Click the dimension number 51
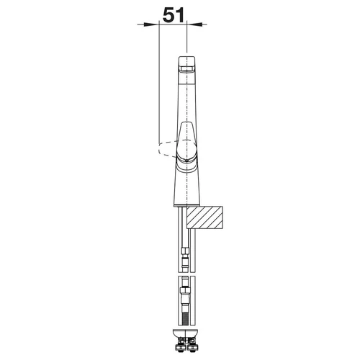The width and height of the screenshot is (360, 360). pyautogui.click(x=174, y=14)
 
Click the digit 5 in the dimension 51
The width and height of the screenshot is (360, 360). pyautogui.click(x=168, y=15)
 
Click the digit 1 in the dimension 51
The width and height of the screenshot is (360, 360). pyautogui.click(x=180, y=14)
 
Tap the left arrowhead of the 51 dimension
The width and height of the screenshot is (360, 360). pyautogui.click(x=151, y=24)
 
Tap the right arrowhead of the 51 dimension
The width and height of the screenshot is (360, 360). pyautogui.click(x=194, y=24)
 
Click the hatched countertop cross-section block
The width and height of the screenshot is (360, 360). pyautogui.click(x=205, y=217)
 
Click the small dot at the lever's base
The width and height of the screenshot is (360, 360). pyautogui.click(x=186, y=160)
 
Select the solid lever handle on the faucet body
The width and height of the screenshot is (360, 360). pyautogui.click(x=186, y=142)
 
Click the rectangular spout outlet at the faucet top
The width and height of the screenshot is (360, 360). pyautogui.click(x=186, y=69)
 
